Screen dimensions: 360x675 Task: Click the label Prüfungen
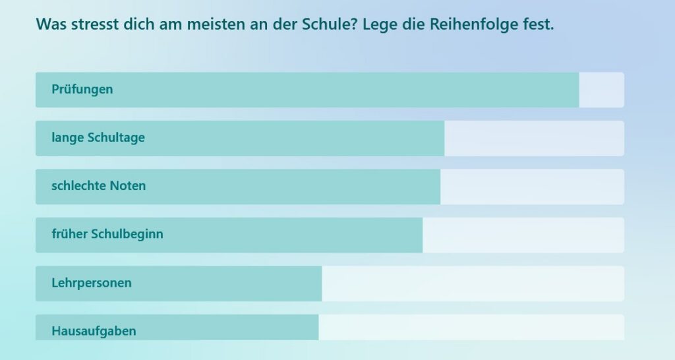[x=82, y=90]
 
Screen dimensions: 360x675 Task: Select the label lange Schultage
[x=98, y=138]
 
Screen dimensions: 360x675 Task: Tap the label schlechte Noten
[x=99, y=186]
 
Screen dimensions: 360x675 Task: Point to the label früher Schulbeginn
[x=107, y=234]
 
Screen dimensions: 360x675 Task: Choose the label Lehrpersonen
[x=92, y=283]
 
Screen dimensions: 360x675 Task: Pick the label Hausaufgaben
[x=94, y=330]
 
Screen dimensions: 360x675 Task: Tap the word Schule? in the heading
[x=328, y=24]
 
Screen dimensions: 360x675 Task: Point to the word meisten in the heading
[x=214, y=24]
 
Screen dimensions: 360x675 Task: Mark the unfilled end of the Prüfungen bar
[x=601, y=90]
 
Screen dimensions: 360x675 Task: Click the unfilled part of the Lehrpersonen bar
[x=472, y=284]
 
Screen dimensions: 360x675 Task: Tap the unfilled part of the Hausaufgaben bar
[x=471, y=328]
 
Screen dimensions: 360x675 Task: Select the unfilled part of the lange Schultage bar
[x=533, y=138]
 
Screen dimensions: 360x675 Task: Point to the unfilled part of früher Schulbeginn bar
[x=523, y=235]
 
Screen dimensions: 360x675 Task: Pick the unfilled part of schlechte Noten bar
[x=531, y=187]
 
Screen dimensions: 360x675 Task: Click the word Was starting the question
[x=49, y=24]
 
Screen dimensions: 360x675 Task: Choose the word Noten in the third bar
[x=128, y=186]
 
